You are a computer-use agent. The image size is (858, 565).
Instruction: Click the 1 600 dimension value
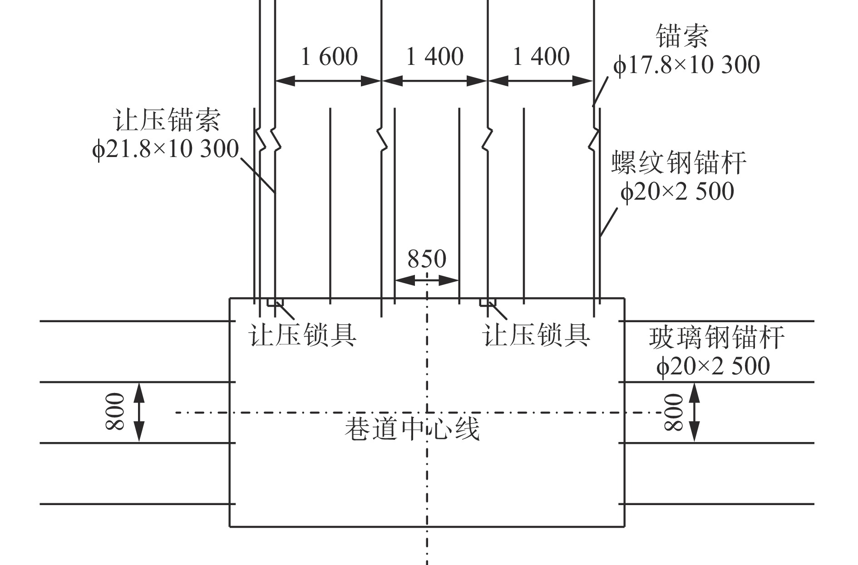coord(330,56)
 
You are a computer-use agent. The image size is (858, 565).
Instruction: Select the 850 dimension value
coord(427,259)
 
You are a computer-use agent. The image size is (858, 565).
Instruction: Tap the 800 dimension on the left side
coord(115,412)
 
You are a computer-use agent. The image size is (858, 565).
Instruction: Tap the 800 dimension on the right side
coord(674,412)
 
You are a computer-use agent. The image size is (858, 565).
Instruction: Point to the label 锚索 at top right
coord(682,36)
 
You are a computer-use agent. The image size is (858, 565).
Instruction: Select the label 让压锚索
coord(167,120)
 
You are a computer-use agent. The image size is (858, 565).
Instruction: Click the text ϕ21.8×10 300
coord(165,149)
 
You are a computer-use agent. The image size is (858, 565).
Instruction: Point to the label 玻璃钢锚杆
coord(717,338)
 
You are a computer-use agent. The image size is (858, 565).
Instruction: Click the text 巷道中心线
coord(412,429)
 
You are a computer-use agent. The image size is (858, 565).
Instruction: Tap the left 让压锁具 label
coord(303,335)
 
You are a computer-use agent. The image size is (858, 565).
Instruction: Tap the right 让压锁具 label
coord(536,335)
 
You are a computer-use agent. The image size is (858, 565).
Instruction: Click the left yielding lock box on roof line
coord(275,302)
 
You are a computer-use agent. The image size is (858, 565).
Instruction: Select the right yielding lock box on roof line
coord(488,302)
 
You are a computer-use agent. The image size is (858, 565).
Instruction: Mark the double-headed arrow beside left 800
coord(139,412)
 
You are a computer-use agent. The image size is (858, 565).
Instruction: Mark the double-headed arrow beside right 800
coord(694,412)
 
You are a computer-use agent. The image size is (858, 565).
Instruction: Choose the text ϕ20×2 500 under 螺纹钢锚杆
coord(677,191)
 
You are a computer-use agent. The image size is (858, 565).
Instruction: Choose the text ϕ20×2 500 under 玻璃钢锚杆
coord(713,366)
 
